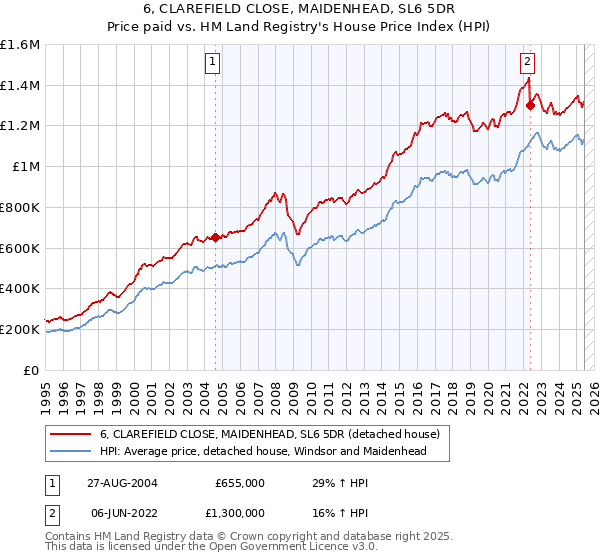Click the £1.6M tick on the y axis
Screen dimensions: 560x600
click(20, 45)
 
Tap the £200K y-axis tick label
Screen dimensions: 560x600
click(20, 329)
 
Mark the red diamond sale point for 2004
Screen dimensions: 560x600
click(215, 238)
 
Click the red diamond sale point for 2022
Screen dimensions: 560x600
click(530, 104)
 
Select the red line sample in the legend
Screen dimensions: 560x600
click(70, 434)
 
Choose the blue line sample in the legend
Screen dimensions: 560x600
click(70, 451)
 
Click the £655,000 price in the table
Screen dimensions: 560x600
click(240, 483)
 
